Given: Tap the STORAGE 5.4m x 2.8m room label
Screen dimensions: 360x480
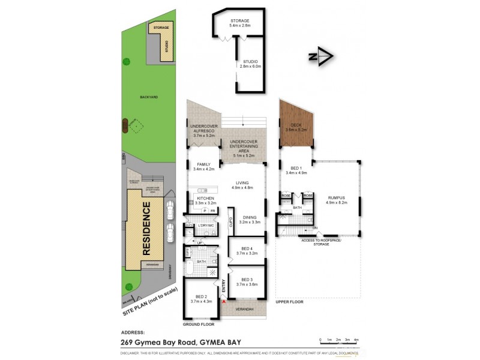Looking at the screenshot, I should pos(239,24).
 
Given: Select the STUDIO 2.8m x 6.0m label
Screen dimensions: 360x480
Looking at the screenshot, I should pos(250,64).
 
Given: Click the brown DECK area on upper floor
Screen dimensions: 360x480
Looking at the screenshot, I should pos(296,127).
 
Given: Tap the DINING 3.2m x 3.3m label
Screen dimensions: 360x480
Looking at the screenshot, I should pos(249,220).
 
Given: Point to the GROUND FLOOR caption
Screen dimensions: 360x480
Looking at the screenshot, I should pos(198,324).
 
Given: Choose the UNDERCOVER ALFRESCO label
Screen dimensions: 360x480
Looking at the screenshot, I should pos(204,131).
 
